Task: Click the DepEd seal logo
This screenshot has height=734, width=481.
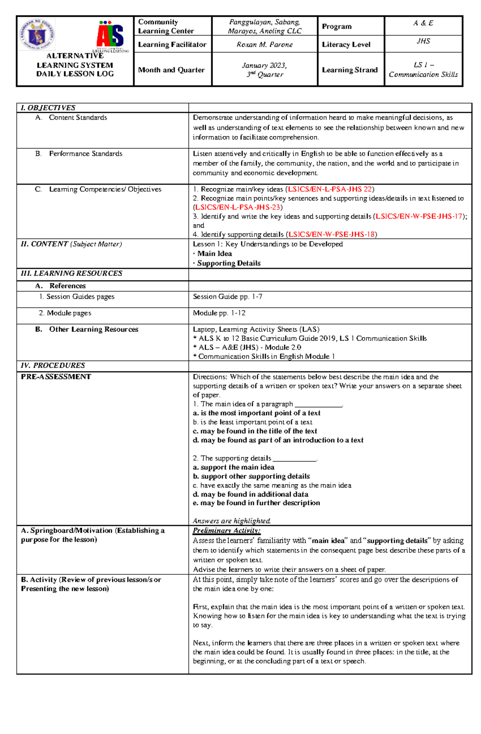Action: coord(37,35)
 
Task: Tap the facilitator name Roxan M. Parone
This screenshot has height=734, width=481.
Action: coord(265,44)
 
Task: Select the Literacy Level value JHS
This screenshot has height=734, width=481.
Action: coord(423,41)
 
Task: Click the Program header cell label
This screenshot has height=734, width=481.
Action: coord(336,26)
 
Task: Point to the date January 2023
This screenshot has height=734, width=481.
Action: coord(264,65)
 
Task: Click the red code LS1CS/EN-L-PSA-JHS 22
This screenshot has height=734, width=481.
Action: coord(330,189)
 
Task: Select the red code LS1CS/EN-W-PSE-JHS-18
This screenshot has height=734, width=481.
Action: coord(331,234)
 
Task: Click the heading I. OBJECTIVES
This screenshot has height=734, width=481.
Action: coord(48,108)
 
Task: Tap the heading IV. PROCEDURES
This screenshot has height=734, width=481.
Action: coord(53,365)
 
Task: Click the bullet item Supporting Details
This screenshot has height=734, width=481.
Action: coord(228,263)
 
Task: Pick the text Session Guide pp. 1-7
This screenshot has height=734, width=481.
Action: coord(227,297)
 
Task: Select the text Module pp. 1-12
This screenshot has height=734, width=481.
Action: coord(219,313)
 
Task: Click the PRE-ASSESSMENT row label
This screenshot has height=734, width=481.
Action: coord(56,377)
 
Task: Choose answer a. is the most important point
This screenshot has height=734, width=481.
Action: coord(256,413)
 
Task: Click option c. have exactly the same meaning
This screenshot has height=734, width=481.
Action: coord(272,485)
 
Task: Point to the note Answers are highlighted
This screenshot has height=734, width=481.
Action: coord(232,521)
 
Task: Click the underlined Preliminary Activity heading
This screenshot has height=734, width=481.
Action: coord(226,530)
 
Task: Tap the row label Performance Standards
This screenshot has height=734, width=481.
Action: coord(85,154)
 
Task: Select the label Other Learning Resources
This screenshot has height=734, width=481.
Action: coord(93,329)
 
